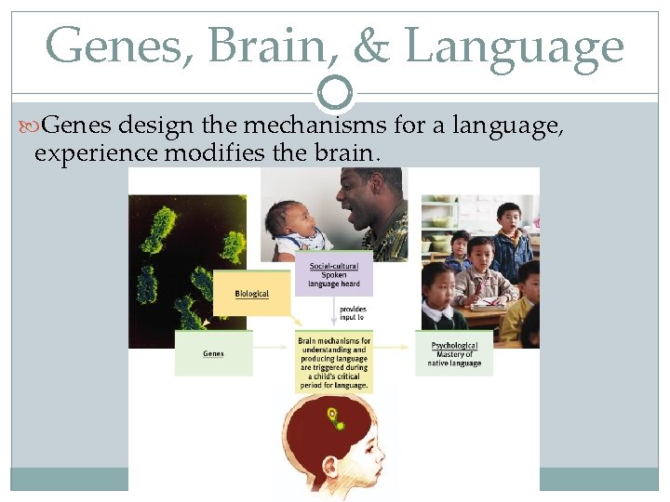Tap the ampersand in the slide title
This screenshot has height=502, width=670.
pos(371,46)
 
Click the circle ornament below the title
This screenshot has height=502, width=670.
pos(335,93)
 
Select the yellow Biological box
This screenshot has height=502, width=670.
pos(251,293)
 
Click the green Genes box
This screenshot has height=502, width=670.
pos(213,353)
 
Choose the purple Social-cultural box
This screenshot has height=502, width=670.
pos(334,275)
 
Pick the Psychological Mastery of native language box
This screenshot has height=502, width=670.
pos(455,354)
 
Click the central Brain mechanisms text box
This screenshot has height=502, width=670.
pos(334,361)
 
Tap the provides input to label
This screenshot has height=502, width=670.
pos(353,312)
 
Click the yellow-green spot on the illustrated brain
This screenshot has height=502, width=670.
pos(330,415)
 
